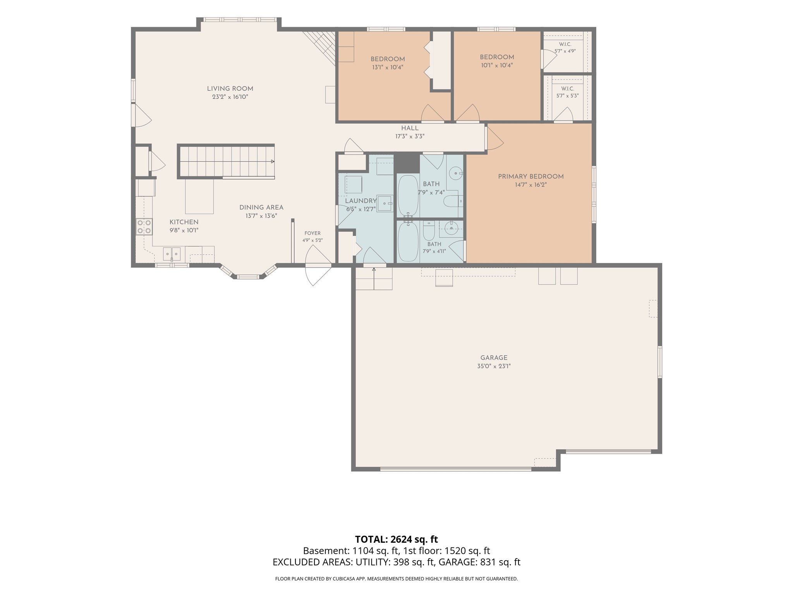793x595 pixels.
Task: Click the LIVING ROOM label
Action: [230, 89]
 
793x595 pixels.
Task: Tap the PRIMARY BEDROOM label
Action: [530, 177]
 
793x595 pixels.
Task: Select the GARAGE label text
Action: [494, 358]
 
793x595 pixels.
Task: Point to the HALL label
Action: [410, 128]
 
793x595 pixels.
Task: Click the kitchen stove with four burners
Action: [144, 227]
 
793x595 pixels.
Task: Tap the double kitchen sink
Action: [172, 254]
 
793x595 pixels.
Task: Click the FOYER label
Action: [312, 233]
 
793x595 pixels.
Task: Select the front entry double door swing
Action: [318, 266]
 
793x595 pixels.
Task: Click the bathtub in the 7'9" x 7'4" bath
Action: [408, 196]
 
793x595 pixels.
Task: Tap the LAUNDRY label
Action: [361, 201]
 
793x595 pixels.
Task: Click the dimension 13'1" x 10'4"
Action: [388, 67]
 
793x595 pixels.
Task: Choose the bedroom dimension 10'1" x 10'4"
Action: [497, 65]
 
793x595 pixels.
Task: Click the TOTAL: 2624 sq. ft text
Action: [396, 539]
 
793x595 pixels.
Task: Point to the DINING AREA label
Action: [261, 208]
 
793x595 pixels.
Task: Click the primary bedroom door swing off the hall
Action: [494, 138]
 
